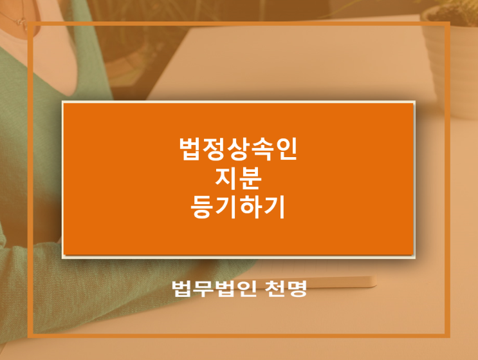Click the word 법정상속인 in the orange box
tap(238, 149)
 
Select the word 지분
tap(238, 178)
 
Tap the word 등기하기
tap(238, 207)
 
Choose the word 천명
tap(286, 289)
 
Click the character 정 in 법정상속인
tap(215, 149)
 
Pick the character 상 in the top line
tap(238, 149)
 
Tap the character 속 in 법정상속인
tap(262, 149)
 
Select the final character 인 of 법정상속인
tap(286, 149)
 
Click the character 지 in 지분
tap(226, 178)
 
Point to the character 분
tap(250, 178)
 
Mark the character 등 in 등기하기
tap(203, 207)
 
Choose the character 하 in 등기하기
tap(250, 207)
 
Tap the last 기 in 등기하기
tap(274, 207)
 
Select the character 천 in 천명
tap(274, 289)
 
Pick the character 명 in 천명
tap(296, 289)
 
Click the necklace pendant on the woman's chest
tap(22, 23)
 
